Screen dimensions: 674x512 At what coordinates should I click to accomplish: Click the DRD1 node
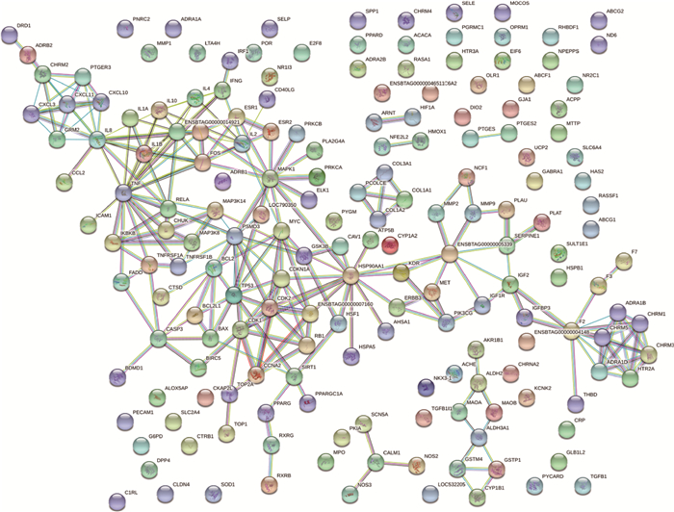(x=11, y=36)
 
